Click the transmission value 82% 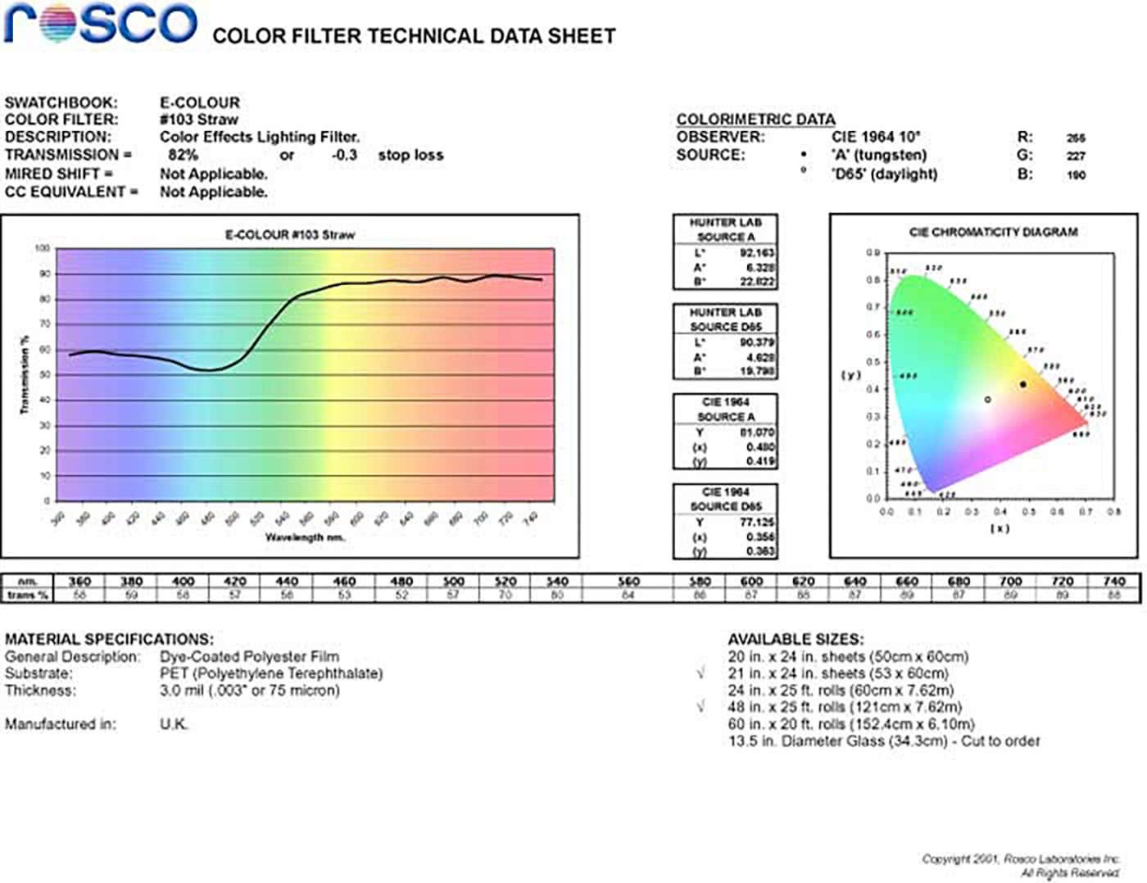click(183, 155)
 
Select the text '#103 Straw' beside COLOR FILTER click(198, 120)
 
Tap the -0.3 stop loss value click(344, 155)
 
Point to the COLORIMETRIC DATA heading click(755, 120)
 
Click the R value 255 click(1076, 138)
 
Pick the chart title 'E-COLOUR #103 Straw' click(290, 235)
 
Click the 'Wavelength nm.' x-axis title click(305, 537)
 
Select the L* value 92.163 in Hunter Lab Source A click(757, 253)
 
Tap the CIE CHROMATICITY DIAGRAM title click(993, 232)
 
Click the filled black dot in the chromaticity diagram click(1022, 384)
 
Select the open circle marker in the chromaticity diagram click(987, 400)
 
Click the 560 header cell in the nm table click(628, 582)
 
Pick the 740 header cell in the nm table click(1113, 582)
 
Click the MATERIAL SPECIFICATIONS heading click(109, 639)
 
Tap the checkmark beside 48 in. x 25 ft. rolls click(700, 706)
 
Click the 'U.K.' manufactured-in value click(174, 724)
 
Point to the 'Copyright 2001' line click(1020, 858)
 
